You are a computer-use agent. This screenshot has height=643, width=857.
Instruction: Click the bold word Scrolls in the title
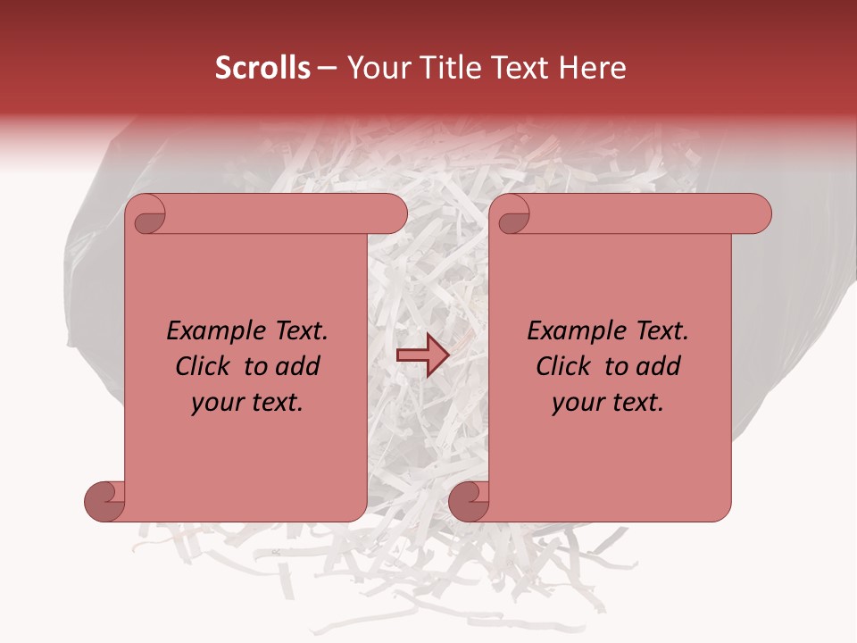point(263,68)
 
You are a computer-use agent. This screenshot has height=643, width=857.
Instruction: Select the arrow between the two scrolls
point(422,355)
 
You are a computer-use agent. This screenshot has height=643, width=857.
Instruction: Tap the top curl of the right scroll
point(513,214)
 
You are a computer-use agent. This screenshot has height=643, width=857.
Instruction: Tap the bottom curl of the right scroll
point(470,502)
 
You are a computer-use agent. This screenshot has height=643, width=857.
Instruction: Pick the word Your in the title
point(374,68)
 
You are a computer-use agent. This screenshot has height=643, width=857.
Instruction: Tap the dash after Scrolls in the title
point(327,68)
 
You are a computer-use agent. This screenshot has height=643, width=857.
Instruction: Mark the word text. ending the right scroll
point(635,403)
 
